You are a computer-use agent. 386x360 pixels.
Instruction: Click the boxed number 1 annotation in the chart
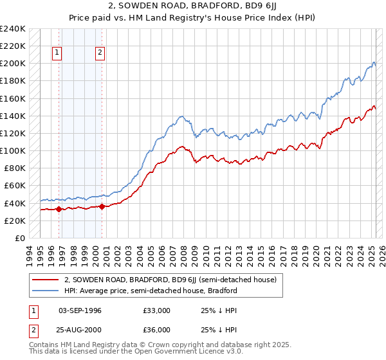coord(58,53)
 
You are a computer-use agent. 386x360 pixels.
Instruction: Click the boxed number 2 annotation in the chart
coord(101,53)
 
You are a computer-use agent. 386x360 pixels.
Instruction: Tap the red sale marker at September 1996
coord(59,209)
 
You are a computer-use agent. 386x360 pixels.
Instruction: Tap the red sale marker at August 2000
coord(102,206)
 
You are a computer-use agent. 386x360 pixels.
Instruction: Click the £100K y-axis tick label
coord(13,150)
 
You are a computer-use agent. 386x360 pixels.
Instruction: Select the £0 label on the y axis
coord(21,238)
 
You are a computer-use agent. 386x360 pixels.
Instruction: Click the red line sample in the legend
coord(46,280)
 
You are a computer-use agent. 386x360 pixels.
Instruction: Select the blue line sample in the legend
coord(46,291)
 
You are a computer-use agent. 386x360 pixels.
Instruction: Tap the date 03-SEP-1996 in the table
coord(80,310)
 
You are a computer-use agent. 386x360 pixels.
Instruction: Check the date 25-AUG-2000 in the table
coord(80,330)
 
